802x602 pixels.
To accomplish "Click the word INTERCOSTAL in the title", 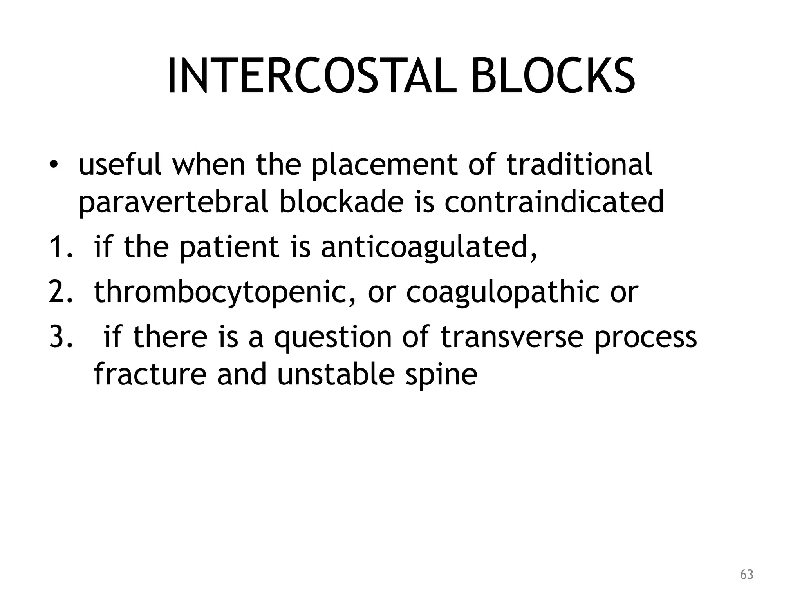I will click(x=311, y=76).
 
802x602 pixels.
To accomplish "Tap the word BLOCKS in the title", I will click(x=553, y=76).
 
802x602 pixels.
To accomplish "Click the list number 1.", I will click(x=60, y=248).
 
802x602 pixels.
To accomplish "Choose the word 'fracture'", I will click(x=150, y=374).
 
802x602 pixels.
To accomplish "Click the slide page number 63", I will click(x=746, y=575).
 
